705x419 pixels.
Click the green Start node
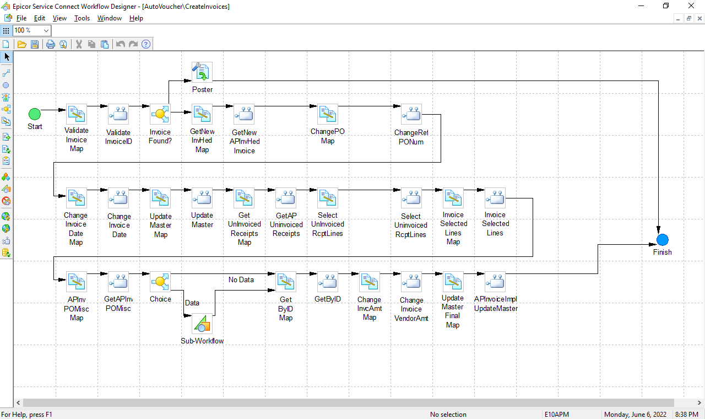pos(35,114)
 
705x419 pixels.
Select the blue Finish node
pos(662,240)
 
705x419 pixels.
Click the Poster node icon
pos(202,72)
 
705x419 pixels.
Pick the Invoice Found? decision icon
pos(160,114)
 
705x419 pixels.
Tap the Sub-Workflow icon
pos(202,324)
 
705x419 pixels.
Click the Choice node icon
pos(160,282)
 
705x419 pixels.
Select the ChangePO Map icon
pos(328,114)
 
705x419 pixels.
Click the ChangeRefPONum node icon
pos(411,114)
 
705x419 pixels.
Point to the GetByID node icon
pos(328,282)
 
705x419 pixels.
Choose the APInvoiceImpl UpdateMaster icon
pos(495,282)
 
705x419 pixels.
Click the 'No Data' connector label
pos(241,280)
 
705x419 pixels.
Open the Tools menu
pos(82,18)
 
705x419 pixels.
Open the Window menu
pos(109,18)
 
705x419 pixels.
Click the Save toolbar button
pos(35,44)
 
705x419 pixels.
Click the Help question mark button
pos(146,44)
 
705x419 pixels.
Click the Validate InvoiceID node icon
pos(118,114)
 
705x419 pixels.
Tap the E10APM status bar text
pos(556,414)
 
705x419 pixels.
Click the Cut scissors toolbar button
pos(79,44)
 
